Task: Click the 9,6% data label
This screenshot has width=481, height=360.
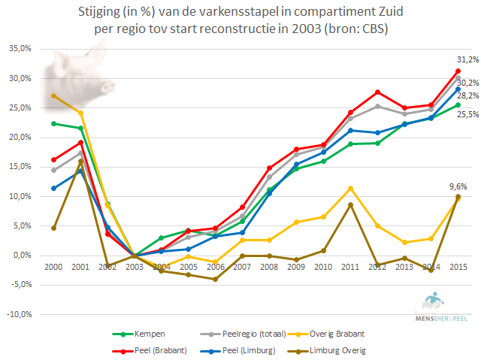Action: pyautogui.click(x=459, y=186)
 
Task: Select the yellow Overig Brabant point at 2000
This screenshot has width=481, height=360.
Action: pyautogui.click(x=53, y=96)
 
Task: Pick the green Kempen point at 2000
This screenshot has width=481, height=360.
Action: pyautogui.click(x=53, y=123)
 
